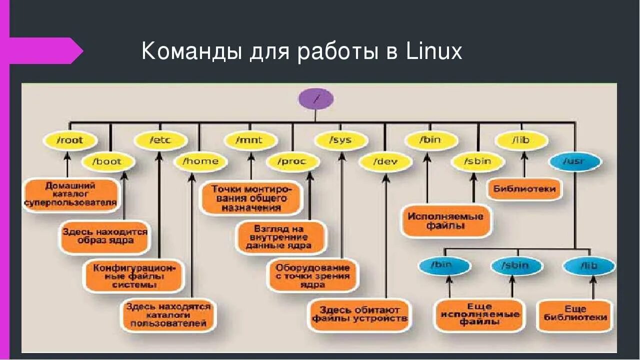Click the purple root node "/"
[x=315, y=98]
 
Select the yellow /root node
[x=70, y=140]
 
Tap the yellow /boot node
[x=109, y=161]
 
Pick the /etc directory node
[x=160, y=140]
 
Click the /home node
[x=200, y=161]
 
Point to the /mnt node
[x=249, y=140]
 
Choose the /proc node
[x=292, y=161]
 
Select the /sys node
[x=340, y=140]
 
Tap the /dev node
[x=385, y=161]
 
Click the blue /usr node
[x=574, y=161]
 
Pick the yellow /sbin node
[x=477, y=161]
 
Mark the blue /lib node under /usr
[x=588, y=265]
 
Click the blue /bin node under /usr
[x=444, y=265]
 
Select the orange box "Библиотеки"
[x=524, y=189]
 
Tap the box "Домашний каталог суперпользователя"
[x=70, y=194]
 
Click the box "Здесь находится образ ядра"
[x=105, y=236]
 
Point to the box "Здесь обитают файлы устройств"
[x=360, y=314]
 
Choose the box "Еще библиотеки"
[x=575, y=314]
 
